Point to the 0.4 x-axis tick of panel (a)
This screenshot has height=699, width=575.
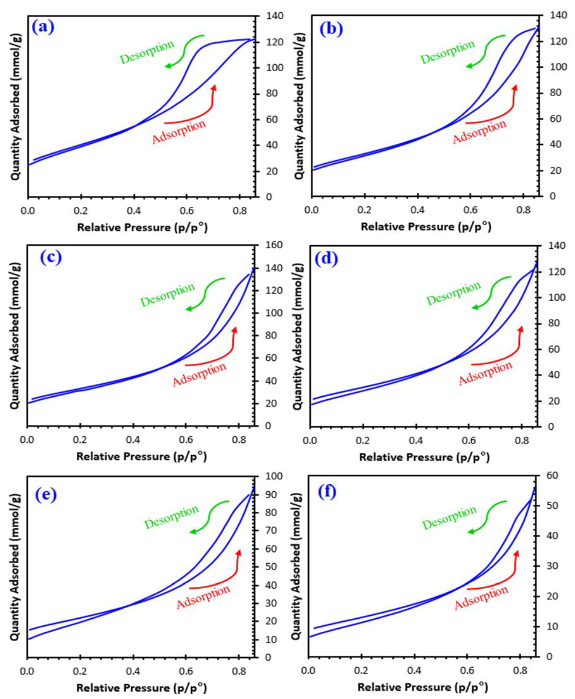pyautogui.click(x=133, y=211)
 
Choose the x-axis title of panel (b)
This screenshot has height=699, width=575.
pyautogui.click(x=426, y=227)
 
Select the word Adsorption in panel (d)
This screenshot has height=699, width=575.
pyautogui.click(x=485, y=373)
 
